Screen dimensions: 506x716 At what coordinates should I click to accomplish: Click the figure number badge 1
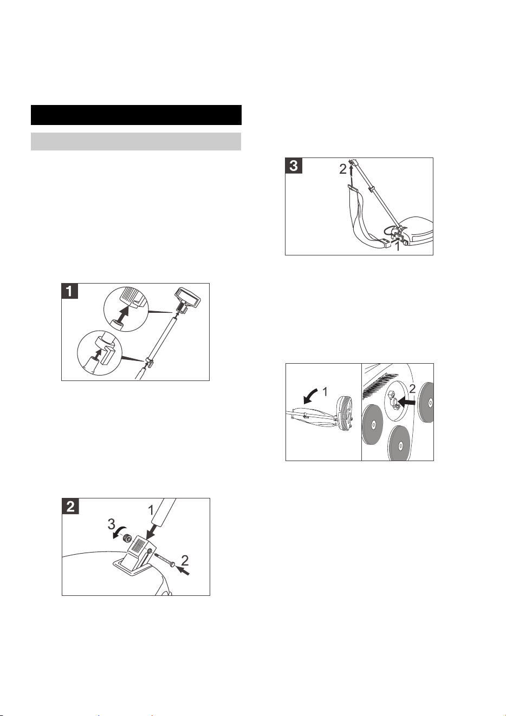click(x=69, y=291)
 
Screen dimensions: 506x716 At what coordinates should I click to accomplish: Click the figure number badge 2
click(x=70, y=506)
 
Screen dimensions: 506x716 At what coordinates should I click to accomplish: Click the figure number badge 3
click(x=294, y=166)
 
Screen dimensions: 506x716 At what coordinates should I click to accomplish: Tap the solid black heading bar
click(x=136, y=115)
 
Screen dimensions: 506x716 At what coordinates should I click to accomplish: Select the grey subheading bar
click(x=135, y=141)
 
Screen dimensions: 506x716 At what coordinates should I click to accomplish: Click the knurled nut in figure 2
click(x=128, y=540)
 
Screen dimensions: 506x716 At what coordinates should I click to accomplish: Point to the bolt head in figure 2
click(x=173, y=565)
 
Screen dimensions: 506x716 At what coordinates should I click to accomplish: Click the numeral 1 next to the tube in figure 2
click(x=151, y=511)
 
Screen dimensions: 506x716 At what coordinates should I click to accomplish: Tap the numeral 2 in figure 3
click(x=343, y=169)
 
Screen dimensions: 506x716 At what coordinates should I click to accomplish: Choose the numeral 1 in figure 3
click(x=397, y=246)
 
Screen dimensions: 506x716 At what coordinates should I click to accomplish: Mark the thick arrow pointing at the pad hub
click(x=406, y=404)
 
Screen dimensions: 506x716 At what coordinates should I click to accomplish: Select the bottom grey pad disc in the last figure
click(x=399, y=444)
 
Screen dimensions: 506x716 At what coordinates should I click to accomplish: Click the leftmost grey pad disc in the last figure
click(x=373, y=425)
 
